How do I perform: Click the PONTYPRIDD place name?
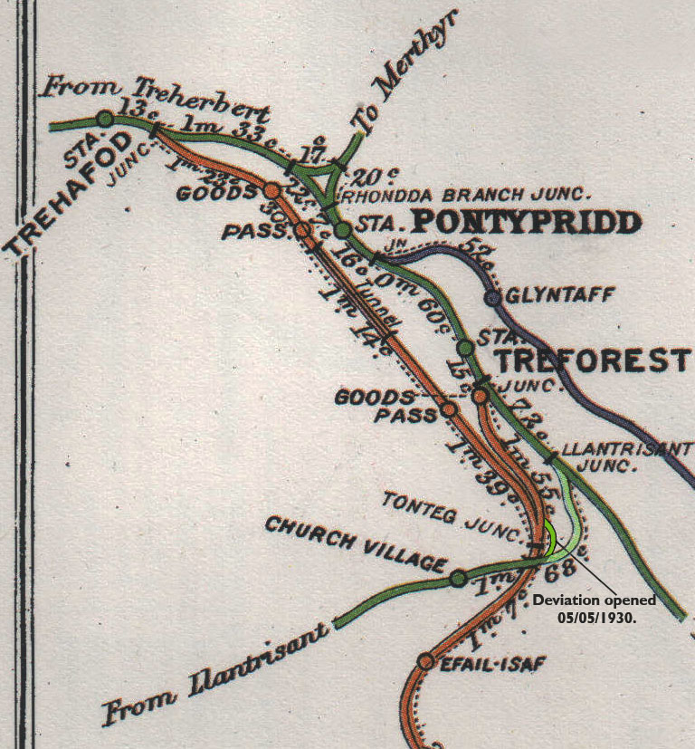point(527,222)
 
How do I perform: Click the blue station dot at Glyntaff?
point(493,297)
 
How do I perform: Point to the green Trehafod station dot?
point(105,119)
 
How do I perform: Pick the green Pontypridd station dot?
point(342,230)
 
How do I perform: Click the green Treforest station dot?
point(465,347)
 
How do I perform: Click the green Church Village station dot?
point(458,578)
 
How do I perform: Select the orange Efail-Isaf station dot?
point(426,661)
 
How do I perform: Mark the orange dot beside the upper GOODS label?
point(271,191)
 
